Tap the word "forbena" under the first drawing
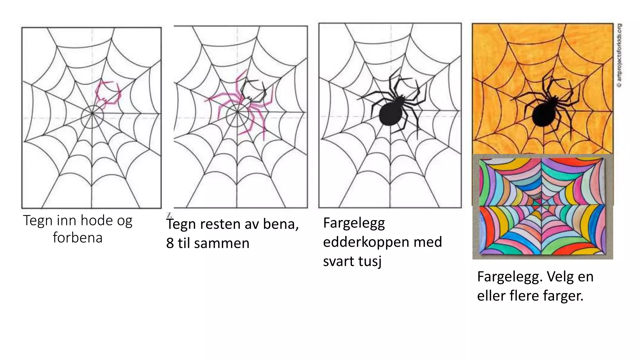(x=77, y=237)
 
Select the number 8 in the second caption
(x=170, y=243)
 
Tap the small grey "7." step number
(x=169, y=215)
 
